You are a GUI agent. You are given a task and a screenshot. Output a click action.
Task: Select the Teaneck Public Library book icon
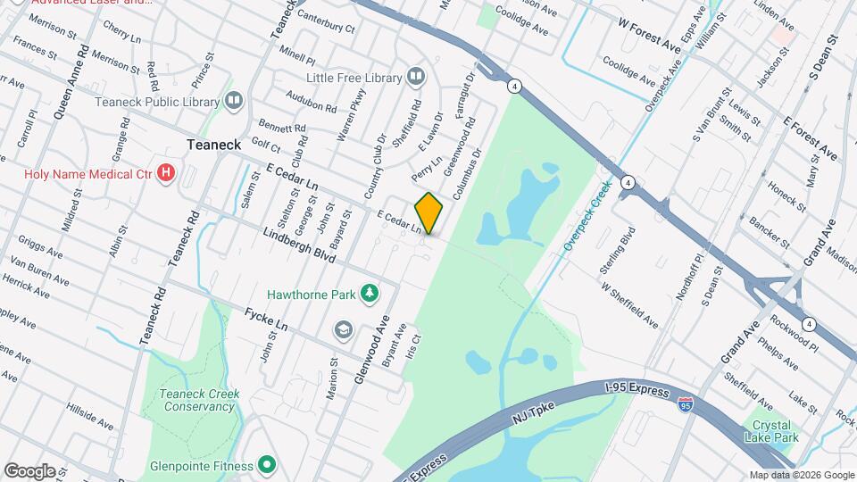point(234,100)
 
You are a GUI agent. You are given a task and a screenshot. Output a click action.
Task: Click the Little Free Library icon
point(415,78)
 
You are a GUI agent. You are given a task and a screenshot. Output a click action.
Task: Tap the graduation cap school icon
point(342,330)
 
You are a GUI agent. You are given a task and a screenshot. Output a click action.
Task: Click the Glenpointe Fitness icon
point(266,464)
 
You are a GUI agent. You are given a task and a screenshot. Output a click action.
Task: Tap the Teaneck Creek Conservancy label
point(197,400)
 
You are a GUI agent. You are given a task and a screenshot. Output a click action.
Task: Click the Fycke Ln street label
point(270,322)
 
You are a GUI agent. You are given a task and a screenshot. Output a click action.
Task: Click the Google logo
point(29,470)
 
